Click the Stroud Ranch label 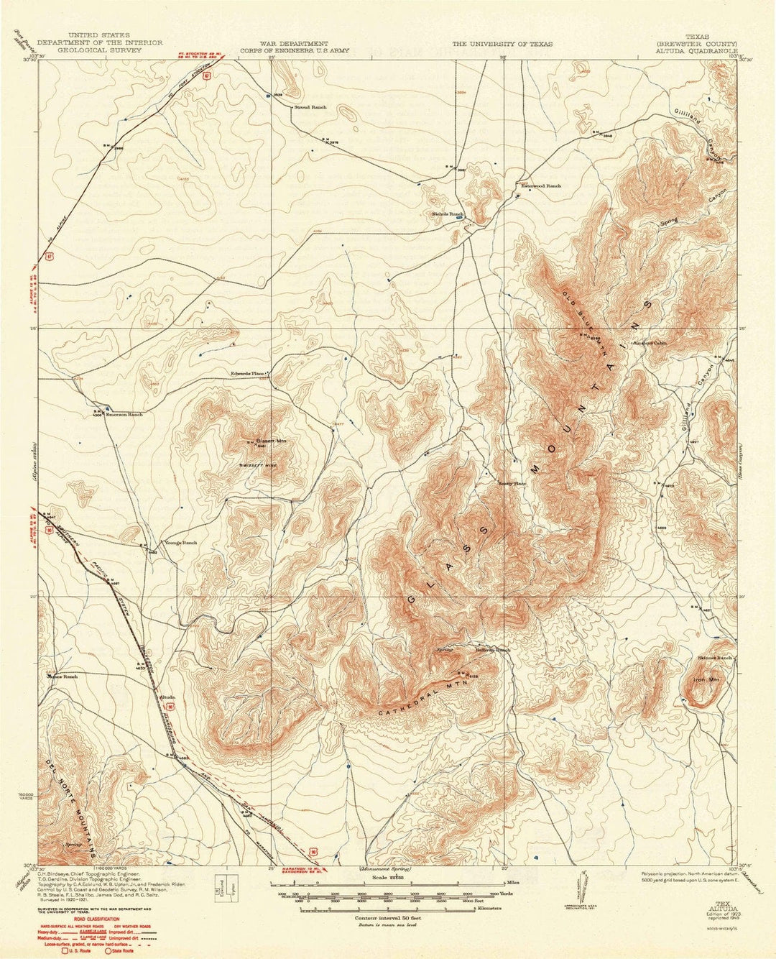[x=310, y=107]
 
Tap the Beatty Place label [x=512, y=484]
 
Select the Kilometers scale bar [x=374, y=909]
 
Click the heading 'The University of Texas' [x=502, y=44]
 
